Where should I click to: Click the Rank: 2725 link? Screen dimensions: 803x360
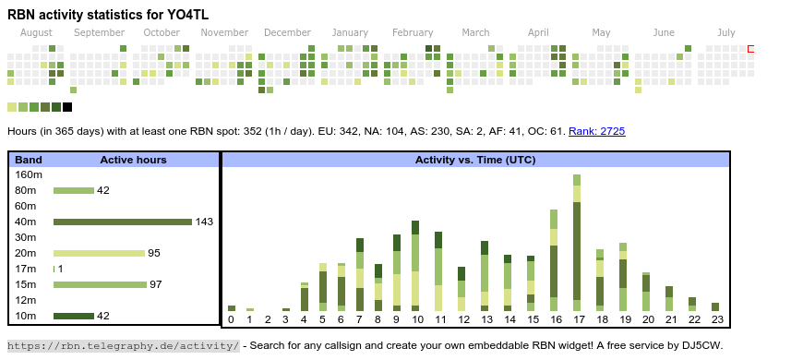[x=596, y=131]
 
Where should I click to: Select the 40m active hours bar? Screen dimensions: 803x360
[x=123, y=222]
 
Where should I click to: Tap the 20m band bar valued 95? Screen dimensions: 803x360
[x=100, y=253]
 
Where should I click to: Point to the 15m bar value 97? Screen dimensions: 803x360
[x=156, y=284]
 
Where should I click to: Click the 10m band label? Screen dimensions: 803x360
[x=26, y=316]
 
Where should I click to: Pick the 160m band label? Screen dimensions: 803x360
[x=29, y=174]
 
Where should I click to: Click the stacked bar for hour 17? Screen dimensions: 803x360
[x=577, y=243]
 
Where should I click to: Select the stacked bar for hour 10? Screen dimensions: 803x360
[x=414, y=266]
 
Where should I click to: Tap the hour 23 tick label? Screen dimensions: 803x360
[x=717, y=319]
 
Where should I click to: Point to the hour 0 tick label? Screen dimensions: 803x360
[x=231, y=319]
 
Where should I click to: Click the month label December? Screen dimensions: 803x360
[x=287, y=33]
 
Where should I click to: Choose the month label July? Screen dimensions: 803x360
[x=726, y=33]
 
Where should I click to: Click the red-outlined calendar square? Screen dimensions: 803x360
[x=750, y=49]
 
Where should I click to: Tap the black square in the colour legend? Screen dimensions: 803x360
[x=67, y=107]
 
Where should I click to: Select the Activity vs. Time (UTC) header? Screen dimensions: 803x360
[x=475, y=160]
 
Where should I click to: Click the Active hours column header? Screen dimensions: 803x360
[x=133, y=160]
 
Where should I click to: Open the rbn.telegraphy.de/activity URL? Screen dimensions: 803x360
[x=123, y=345]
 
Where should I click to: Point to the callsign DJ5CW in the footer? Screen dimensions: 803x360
[x=703, y=345]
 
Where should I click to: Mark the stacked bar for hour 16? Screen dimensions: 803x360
[x=554, y=260]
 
